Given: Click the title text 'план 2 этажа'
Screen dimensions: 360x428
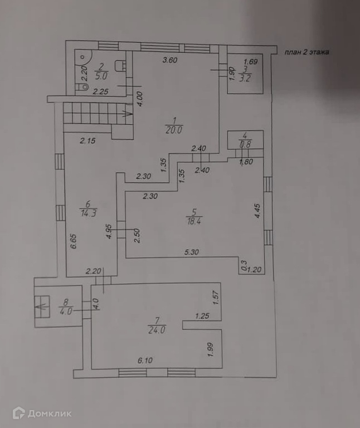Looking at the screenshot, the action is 307,53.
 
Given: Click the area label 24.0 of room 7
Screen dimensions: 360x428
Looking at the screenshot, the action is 157,328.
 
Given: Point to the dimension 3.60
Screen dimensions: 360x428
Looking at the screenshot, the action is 169,60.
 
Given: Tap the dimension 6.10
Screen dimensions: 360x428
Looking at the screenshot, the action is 146,361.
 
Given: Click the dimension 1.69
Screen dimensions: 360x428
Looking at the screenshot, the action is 250,62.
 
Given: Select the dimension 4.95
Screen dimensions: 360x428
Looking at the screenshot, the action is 109,231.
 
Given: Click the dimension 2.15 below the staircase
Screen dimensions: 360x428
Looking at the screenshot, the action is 87,141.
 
